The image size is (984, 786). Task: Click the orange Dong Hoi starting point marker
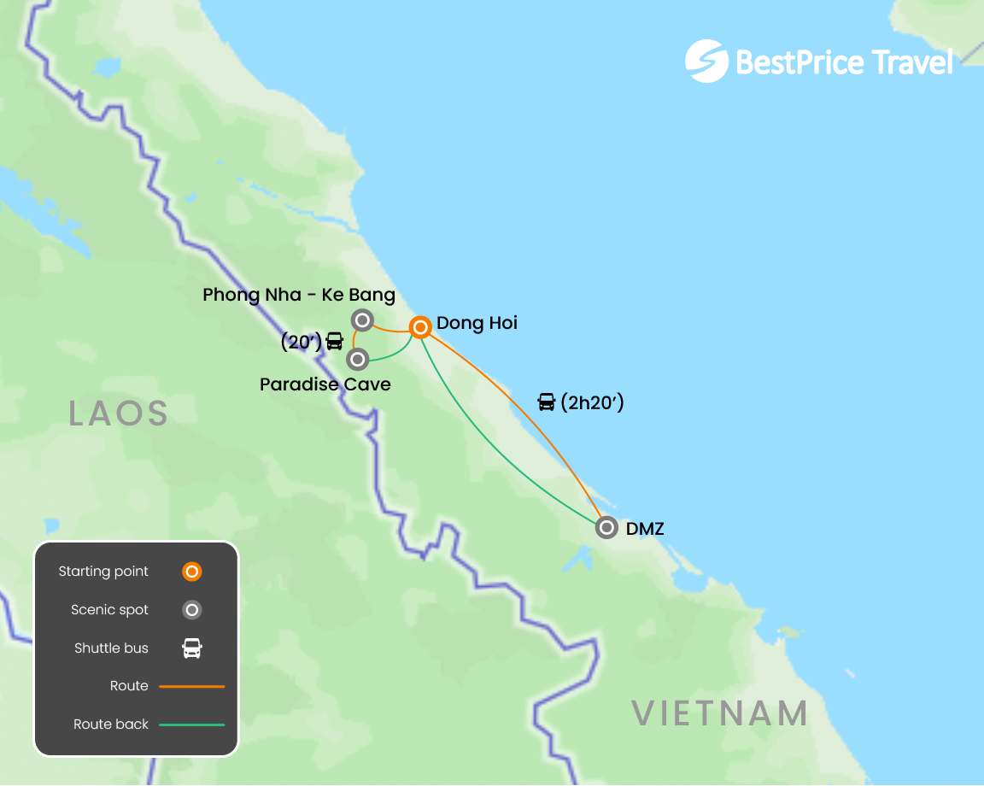point(419,327)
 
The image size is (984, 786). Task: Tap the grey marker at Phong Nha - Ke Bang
point(362,320)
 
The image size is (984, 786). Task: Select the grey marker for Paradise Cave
point(358,359)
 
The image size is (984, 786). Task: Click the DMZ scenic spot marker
point(606,527)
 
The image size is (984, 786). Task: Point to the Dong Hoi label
point(477,323)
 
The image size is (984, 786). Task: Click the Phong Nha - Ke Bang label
point(299,296)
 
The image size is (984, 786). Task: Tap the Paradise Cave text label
point(325,384)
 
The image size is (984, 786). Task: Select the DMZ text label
point(645,529)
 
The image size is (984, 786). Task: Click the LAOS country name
point(118,414)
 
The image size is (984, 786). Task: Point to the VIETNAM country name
point(720,713)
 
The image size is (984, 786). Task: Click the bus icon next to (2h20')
point(547,402)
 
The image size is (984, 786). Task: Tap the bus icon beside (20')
point(335,342)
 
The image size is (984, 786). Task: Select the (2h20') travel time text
point(592,402)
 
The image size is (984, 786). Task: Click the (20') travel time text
point(301,342)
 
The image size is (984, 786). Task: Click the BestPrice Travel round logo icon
point(706,61)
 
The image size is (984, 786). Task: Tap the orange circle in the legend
point(192,572)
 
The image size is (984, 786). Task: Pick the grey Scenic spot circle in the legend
point(192,610)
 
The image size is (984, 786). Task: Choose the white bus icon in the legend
point(192,648)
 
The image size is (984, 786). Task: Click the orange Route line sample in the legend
point(192,686)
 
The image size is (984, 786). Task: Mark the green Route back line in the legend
point(192,724)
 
